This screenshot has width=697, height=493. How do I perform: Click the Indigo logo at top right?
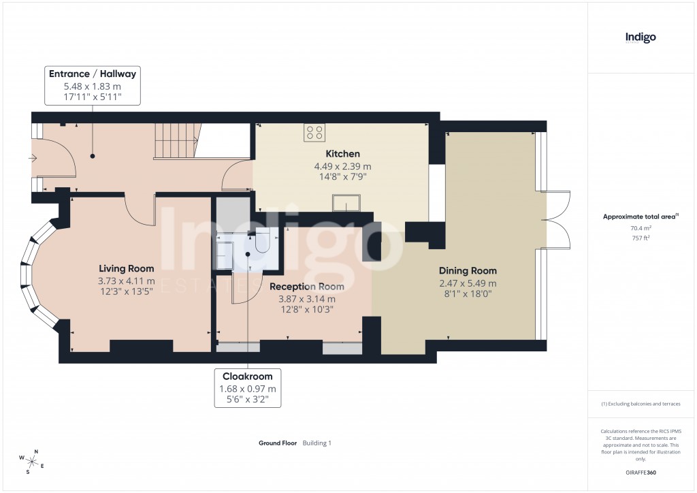pyautogui.click(x=641, y=38)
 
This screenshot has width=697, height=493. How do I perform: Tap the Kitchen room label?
pyautogui.click(x=342, y=154)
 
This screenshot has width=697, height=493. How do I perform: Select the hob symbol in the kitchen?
pyautogui.click(x=314, y=132)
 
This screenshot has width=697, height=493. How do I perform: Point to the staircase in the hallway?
pyautogui.click(x=178, y=141)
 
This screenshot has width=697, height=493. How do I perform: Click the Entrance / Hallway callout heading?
pyautogui.click(x=93, y=74)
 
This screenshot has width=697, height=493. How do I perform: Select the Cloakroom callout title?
pyautogui.click(x=247, y=376)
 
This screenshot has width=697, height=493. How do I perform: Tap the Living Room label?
pyautogui.click(x=126, y=268)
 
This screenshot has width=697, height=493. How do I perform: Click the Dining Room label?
pyautogui.click(x=468, y=271)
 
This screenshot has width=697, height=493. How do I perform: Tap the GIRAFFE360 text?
pyautogui.click(x=641, y=473)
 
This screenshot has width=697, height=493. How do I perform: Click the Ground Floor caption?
pyautogui.click(x=278, y=443)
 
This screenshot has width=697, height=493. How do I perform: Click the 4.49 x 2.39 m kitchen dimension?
pyautogui.click(x=342, y=166)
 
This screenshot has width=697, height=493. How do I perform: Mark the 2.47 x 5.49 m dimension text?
pyautogui.click(x=468, y=283)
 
